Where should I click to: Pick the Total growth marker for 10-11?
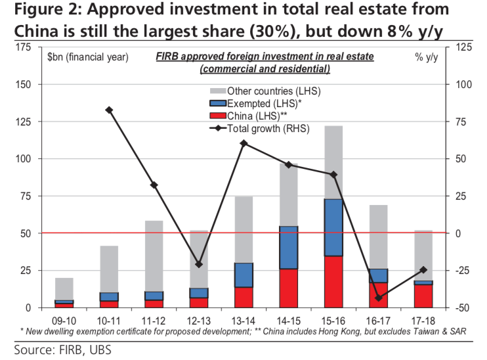pos(109,110)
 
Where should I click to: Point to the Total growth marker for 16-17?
pos(379,298)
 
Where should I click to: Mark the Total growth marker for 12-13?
pos(199,264)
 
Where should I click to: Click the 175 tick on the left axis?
pos(23,47)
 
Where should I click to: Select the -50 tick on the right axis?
pos(462,307)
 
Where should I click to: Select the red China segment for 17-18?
pos(423,296)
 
